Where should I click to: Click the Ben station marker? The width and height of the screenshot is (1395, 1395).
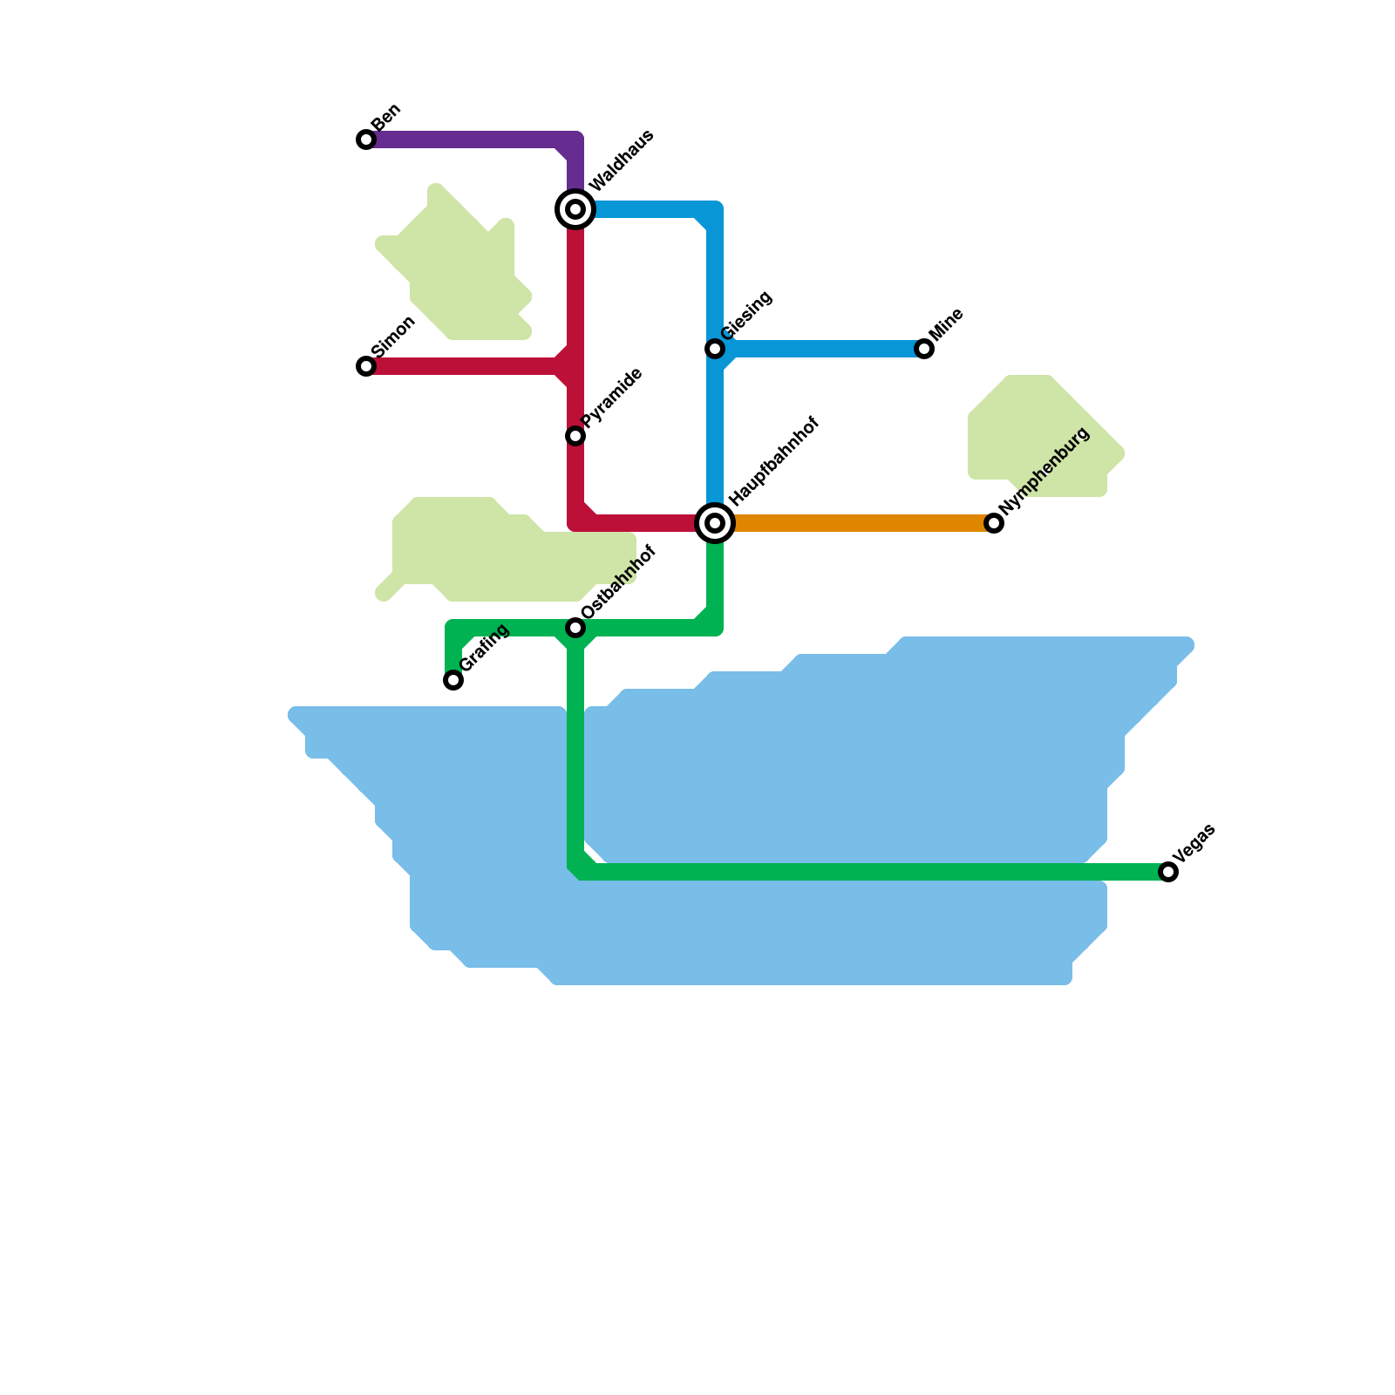[x=366, y=139]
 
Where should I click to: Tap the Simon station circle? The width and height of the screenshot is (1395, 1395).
[x=366, y=366]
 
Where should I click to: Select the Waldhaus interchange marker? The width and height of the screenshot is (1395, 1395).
[x=575, y=209]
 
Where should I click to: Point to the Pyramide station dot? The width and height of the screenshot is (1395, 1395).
[x=575, y=436]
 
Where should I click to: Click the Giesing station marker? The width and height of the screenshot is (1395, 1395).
[x=715, y=349]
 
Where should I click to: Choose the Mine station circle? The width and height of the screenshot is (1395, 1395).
[x=924, y=349]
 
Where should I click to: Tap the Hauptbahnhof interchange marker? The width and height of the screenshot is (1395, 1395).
[x=715, y=523]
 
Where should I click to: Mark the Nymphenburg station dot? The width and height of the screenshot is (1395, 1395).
[x=994, y=523]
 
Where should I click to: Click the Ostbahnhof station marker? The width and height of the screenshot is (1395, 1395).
[x=575, y=628]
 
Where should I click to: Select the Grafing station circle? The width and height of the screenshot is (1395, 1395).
[x=453, y=680]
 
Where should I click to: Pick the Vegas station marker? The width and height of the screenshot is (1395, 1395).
[x=1168, y=872]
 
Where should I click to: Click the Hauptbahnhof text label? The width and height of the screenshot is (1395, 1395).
[x=774, y=461]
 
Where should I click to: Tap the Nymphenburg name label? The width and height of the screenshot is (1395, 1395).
[x=1045, y=471]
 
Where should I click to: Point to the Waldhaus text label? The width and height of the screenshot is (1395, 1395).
[x=622, y=161]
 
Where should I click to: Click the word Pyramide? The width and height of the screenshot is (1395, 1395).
[x=612, y=398]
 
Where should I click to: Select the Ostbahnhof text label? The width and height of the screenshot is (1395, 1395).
[x=618, y=583]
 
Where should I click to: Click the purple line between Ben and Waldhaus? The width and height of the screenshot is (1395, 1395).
[x=471, y=139]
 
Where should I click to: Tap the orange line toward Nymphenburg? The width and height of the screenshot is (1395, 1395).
[x=854, y=523]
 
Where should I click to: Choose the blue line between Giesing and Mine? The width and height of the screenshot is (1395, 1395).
[x=820, y=349]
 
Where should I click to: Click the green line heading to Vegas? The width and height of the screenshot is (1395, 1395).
[x=872, y=872]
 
